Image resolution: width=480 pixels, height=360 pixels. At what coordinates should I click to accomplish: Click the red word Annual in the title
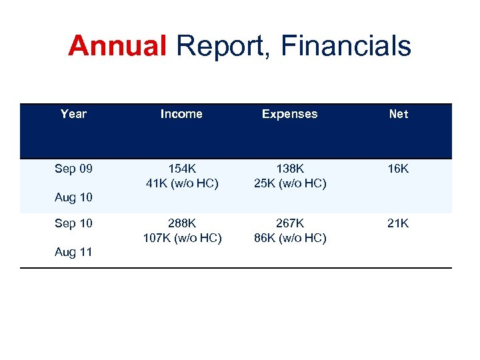pyautogui.click(x=117, y=47)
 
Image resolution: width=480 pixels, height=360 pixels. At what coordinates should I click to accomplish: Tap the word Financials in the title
pyautogui.click(x=346, y=47)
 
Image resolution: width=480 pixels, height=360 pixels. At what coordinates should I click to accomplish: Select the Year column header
pyautogui.click(x=73, y=114)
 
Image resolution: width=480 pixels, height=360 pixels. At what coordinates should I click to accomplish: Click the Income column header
pyautogui.click(x=181, y=114)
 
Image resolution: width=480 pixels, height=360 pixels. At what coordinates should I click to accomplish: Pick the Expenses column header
pyautogui.click(x=290, y=114)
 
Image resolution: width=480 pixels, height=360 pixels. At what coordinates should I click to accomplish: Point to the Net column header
pyautogui.click(x=399, y=114)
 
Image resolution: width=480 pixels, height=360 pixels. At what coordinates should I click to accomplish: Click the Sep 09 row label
pyautogui.click(x=74, y=169)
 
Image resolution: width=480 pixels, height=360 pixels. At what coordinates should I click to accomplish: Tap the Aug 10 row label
pyautogui.click(x=74, y=197)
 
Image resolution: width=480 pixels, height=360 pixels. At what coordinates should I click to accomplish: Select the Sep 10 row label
pyautogui.click(x=74, y=223)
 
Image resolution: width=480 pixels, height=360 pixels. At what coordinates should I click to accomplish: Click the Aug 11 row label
pyautogui.click(x=74, y=252)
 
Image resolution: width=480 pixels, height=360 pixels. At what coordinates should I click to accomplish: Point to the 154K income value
pyautogui.click(x=181, y=169)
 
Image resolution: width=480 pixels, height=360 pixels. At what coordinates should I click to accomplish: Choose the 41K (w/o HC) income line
pyautogui.click(x=181, y=183)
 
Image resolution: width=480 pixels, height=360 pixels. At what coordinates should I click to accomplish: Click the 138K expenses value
pyautogui.click(x=290, y=169)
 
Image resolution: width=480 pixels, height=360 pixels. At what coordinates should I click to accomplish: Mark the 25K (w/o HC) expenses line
pyautogui.click(x=290, y=183)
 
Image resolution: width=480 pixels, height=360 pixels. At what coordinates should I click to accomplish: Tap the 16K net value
pyautogui.click(x=399, y=169)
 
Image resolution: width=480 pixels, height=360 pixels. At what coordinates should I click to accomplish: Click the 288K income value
pyautogui.click(x=181, y=223)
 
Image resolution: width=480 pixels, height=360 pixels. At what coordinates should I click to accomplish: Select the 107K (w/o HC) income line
pyautogui.click(x=181, y=238)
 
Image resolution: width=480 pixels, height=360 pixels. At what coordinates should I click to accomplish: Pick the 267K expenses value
pyautogui.click(x=290, y=223)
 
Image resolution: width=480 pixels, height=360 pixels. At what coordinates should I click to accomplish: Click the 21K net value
pyautogui.click(x=399, y=223)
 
